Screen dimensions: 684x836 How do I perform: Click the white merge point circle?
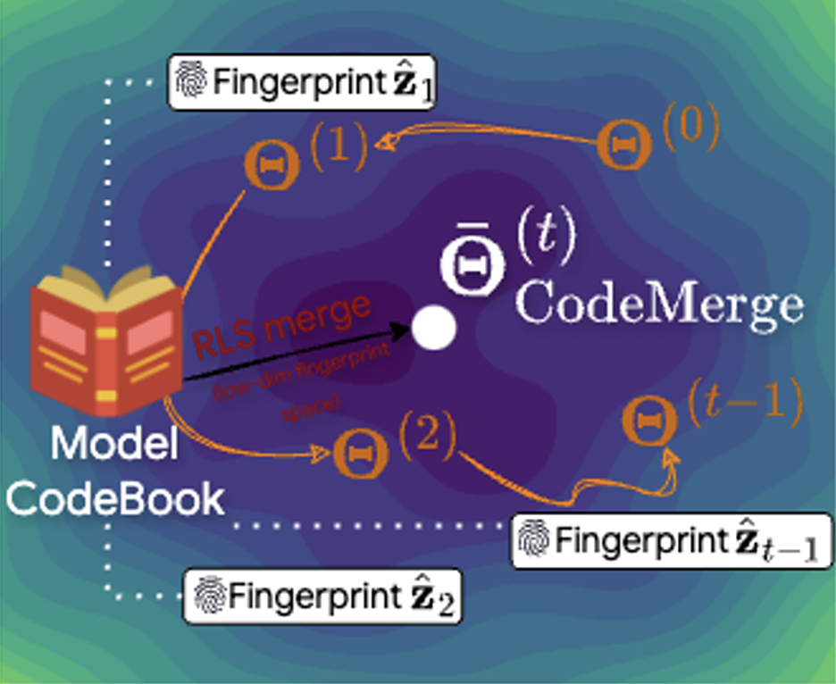coord(434,329)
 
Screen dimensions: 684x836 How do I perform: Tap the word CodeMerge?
coord(659,305)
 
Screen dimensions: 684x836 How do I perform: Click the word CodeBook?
coord(115,498)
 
